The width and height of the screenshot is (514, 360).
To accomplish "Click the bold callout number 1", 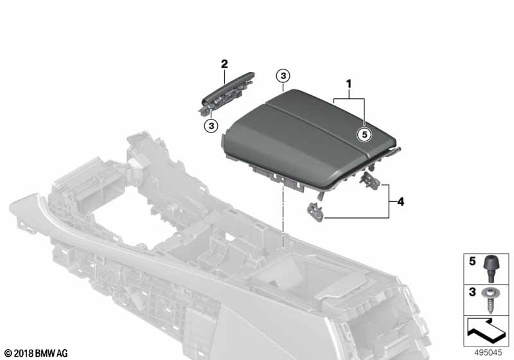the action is click(349, 84).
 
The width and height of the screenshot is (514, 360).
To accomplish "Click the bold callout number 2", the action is click(224, 64).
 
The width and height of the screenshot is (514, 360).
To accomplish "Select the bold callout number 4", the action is click(400, 202).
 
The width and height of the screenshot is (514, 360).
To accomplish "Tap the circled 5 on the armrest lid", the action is click(364, 134).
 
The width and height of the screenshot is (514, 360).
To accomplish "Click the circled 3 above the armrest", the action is click(283, 76).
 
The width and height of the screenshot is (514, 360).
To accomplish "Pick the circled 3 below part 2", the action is click(211, 125).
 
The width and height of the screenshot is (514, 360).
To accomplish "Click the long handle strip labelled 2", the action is click(226, 93).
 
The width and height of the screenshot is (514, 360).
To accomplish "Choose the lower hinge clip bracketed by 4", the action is click(316, 212).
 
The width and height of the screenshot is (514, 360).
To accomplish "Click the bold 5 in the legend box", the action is click(472, 261).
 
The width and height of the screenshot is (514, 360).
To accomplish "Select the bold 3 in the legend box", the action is click(472, 292).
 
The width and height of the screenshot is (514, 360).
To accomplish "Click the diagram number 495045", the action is click(488, 353).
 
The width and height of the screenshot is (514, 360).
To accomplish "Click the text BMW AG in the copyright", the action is click(51, 354).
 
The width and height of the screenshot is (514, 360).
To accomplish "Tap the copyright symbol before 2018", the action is click(8, 354).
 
